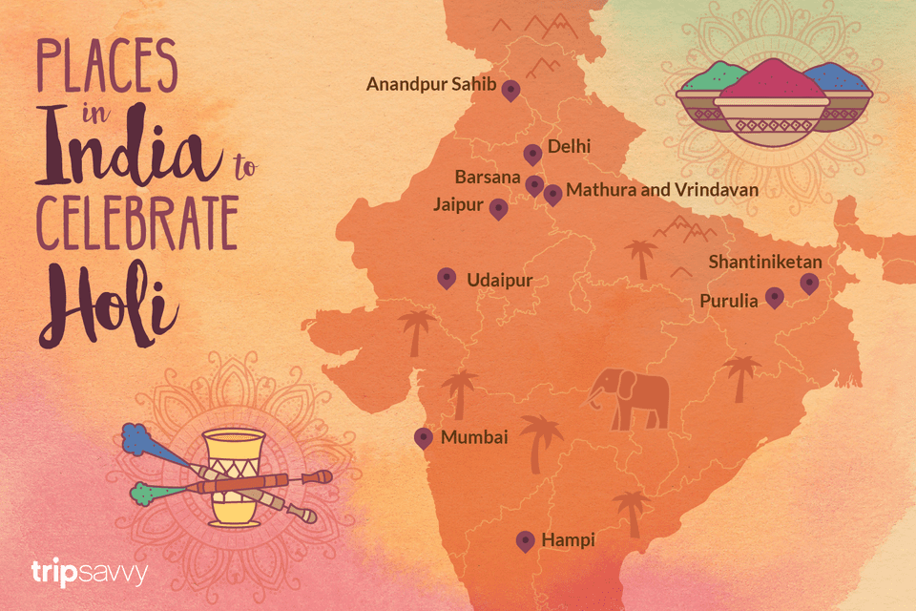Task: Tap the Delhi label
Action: (569, 147)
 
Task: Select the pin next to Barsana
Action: (534, 184)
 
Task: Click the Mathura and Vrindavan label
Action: (662, 190)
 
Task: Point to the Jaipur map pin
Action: (497, 208)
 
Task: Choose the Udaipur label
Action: (499, 281)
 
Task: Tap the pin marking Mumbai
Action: (424, 437)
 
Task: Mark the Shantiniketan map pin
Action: (808, 283)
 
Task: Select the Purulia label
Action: (729, 301)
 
